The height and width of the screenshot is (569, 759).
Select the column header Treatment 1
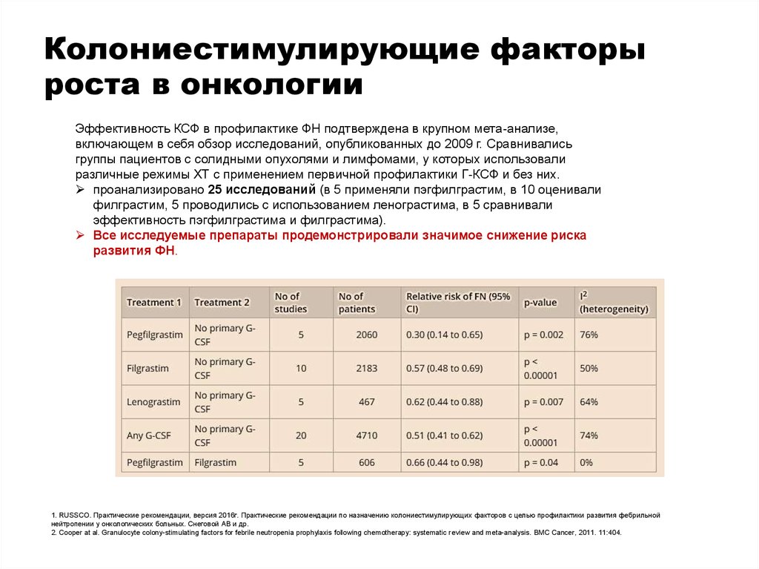pyautogui.click(x=154, y=303)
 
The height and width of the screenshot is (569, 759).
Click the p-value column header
pyautogui.click(x=540, y=303)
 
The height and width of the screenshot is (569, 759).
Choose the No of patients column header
pyautogui.click(x=357, y=303)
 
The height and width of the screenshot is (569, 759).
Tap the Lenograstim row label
pyautogui.click(x=153, y=402)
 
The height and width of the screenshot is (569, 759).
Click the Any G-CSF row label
pyautogui.click(x=145, y=435)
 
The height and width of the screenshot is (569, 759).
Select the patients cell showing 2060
pyautogui.click(x=366, y=335)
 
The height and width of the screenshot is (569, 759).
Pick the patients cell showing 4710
pyautogui.click(x=366, y=435)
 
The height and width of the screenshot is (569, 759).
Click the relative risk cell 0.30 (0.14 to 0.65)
pyautogui.click(x=444, y=335)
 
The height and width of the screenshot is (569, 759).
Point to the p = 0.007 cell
pyautogui.click(x=543, y=402)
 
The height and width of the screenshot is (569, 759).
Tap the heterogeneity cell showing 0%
pyautogui.click(x=586, y=463)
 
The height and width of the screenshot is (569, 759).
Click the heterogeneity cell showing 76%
pyautogui.click(x=589, y=335)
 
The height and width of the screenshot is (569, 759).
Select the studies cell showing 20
pyautogui.click(x=301, y=435)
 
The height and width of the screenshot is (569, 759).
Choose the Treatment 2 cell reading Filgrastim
pyautogui.click(x=215, y=463)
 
